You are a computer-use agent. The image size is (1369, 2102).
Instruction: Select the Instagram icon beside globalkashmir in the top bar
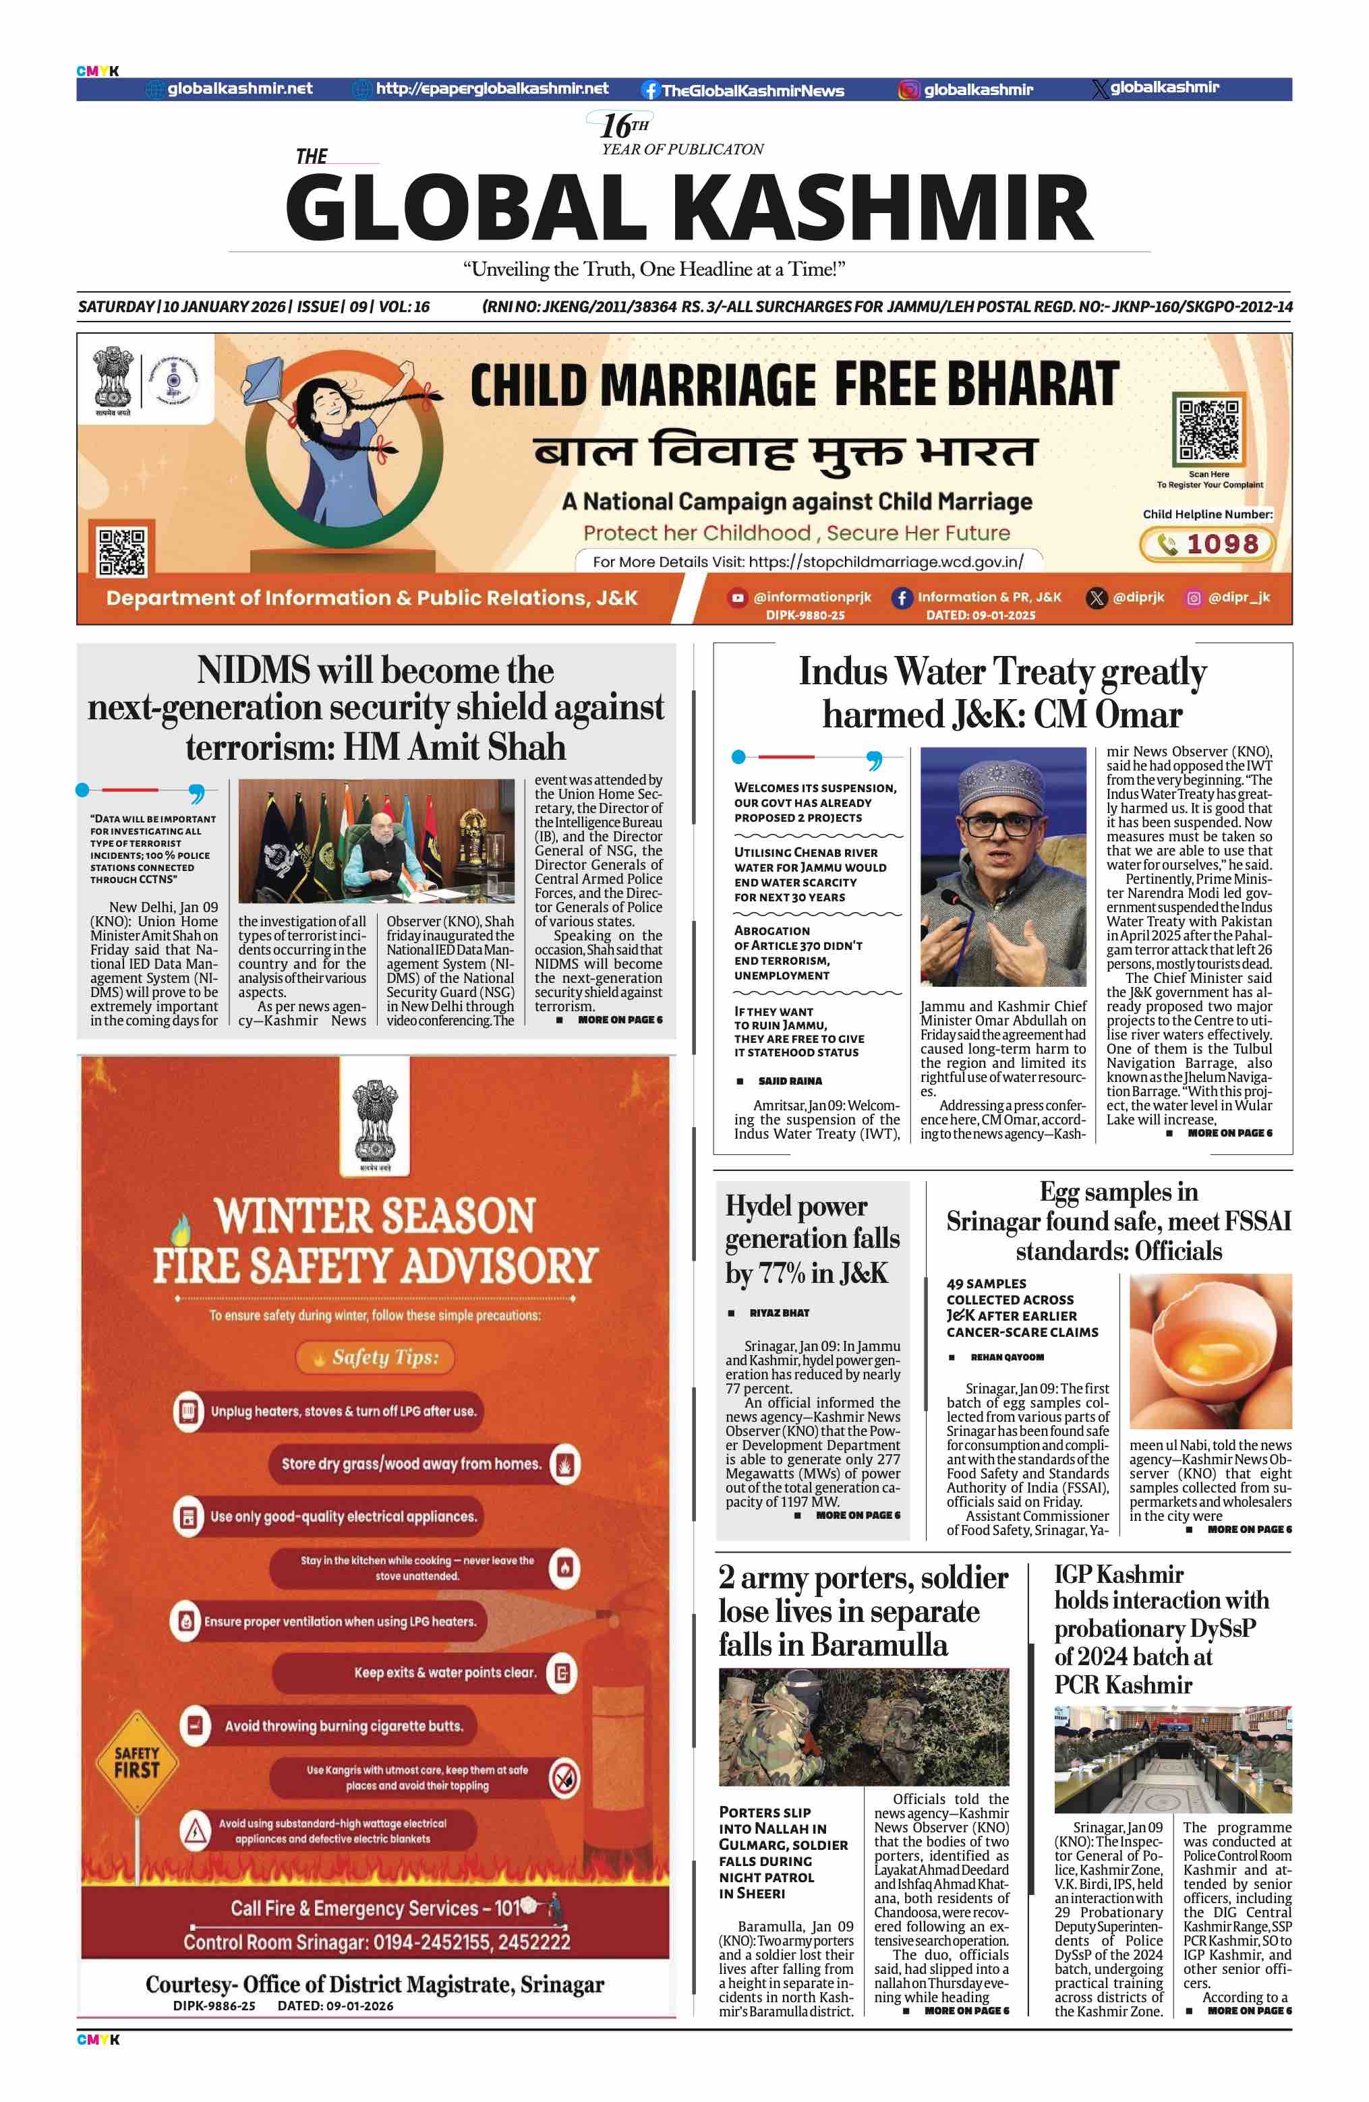point(908,89)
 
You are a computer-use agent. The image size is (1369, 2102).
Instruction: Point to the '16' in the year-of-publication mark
point(616,126)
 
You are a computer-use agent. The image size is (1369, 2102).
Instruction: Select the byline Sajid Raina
point(790,1081)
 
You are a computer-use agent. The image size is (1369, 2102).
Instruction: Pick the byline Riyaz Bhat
point(779,1313)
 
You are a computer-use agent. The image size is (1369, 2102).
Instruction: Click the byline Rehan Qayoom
point(1007,1358)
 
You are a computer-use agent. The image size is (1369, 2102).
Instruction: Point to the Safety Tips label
point(384,1358)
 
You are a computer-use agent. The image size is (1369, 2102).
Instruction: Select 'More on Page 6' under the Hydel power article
point(856,1515)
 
